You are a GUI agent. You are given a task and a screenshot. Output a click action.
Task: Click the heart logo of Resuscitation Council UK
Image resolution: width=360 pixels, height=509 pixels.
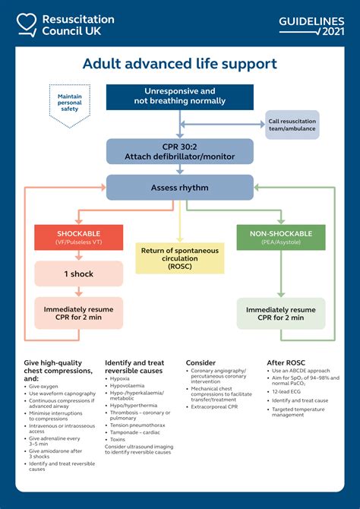[x=27, y=24]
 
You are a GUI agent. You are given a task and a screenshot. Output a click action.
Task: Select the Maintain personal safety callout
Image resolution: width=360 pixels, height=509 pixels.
[x=69, y=102]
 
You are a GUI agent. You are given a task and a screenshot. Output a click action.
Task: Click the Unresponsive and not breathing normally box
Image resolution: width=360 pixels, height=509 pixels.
[x=179, y=96]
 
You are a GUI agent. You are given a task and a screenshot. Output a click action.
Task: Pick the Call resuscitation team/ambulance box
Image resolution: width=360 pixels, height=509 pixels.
[x=292, y=125]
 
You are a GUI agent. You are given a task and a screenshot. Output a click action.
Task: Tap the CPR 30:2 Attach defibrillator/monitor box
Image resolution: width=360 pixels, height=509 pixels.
[x=179, y=151]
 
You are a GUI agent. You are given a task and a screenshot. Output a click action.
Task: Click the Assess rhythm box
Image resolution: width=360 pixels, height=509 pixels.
[x=179, y=188]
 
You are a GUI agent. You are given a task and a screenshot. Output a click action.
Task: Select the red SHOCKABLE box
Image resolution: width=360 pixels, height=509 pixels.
[x=78, y=237]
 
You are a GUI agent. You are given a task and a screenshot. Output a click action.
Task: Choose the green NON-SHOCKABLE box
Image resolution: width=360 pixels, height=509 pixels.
[x=281, y=237]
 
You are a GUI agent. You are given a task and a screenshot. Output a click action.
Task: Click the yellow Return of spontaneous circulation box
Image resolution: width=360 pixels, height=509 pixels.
[x=179, y=258]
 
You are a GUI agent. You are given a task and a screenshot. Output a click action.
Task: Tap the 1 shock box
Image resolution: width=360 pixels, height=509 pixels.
[x=78, y=273]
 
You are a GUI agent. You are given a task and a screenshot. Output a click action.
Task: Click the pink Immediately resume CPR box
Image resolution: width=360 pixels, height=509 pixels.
[x=78, y=313]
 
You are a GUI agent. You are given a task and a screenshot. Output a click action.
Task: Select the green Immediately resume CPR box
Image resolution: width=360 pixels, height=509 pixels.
[x=281, y=313]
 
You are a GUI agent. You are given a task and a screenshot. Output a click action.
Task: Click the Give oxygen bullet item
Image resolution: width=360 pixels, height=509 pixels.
[x=46, y=385]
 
